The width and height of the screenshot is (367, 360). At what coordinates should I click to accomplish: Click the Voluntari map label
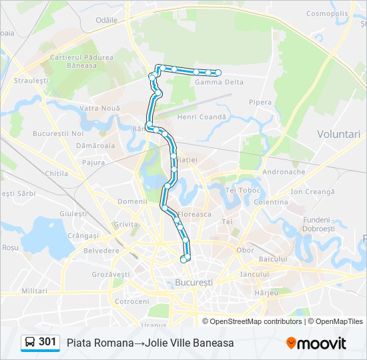340,134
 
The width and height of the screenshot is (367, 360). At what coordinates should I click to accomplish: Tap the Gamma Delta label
219,82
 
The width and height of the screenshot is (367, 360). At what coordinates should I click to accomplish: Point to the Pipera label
260,102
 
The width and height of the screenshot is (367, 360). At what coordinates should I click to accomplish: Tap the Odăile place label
106,21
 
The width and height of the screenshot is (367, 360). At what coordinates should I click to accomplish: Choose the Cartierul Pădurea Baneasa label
82,61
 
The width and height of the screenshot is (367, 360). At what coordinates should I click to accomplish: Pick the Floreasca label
194,215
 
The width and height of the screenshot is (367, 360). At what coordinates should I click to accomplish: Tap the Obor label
246,251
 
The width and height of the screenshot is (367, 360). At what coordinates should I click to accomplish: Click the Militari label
34,291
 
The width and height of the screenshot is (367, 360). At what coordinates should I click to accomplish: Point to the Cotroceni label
131,301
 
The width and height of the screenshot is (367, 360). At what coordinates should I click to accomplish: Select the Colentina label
271,202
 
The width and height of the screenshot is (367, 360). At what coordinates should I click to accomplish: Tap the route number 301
47,342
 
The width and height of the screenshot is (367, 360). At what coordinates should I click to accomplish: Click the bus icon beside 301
30,343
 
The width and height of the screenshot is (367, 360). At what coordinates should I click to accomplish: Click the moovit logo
316,343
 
